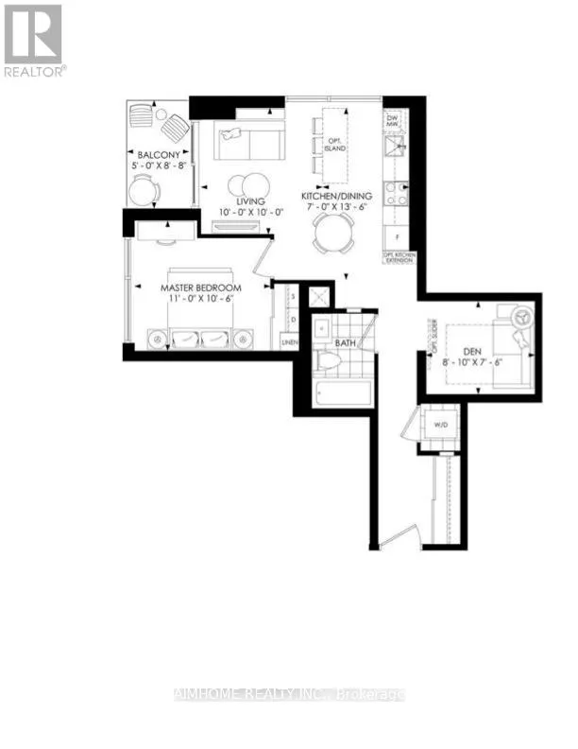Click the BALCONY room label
[x=153, y=156]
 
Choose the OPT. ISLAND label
[x=331, y=145]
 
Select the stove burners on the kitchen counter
[x=396, y=193]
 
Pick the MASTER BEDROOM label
[x=200, y=287]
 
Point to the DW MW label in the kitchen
[x=394, y=120]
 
